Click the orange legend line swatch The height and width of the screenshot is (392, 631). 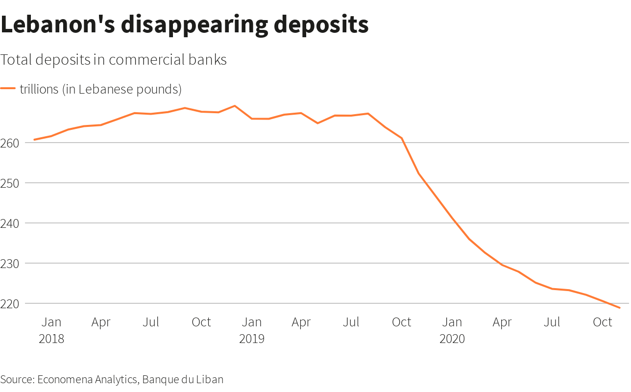coord(8,89)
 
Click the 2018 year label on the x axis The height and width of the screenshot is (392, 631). coord(51,339)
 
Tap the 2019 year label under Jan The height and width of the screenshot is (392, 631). coord(251,339)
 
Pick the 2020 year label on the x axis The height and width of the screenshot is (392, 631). coord(452,339)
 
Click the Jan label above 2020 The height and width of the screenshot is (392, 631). coord(452,322)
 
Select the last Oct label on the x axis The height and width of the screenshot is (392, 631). coord(603,322)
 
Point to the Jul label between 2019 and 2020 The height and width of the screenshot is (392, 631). coord(351,322)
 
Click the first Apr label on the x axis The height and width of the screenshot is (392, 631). coord(101,322)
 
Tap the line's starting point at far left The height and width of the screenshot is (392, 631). coord(34,140)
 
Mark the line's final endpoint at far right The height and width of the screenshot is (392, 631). coord(620,308)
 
